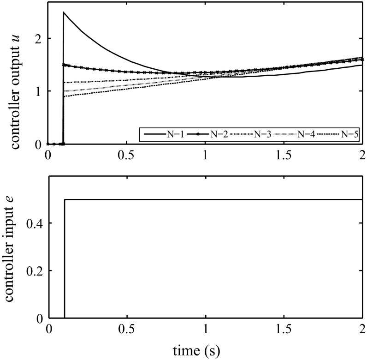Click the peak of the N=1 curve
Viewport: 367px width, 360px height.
[64, 12]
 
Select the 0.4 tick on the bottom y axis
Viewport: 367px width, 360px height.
[36, 223]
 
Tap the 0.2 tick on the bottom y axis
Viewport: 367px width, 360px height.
[36, 271]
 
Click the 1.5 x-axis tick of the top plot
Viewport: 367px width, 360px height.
[284, 156]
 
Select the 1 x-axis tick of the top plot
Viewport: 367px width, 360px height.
[206, 156]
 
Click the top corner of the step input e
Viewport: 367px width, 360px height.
[64, 200]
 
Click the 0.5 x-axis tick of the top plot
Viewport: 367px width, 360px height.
[127, 156]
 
